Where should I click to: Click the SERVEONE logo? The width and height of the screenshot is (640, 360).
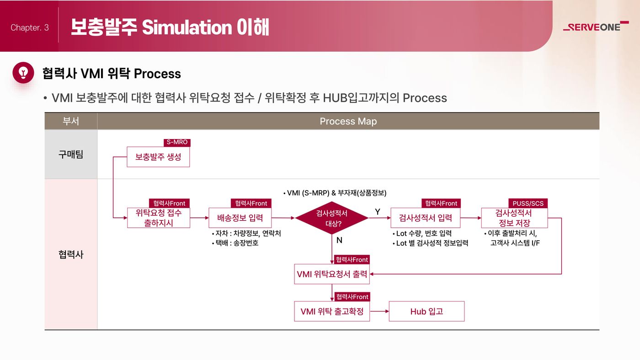[596, 27]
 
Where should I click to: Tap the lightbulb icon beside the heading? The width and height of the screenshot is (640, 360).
[23, 73]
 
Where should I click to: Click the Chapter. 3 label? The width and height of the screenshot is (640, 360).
[29, 27]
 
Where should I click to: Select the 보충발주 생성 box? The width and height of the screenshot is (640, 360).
[158, 157]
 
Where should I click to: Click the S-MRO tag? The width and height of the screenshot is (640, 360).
[177, 142]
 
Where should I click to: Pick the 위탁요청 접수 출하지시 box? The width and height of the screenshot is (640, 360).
[159, 218]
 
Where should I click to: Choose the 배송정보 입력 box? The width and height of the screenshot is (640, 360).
[240, 218]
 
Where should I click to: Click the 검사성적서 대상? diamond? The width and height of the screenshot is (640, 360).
[332, 218]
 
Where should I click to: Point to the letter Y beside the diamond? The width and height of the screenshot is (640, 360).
[378, 212]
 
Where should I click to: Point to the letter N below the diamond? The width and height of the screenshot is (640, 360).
[339, 240]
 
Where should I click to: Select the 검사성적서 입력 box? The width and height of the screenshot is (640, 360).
[426, 218]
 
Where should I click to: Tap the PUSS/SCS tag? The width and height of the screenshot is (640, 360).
[528, 203]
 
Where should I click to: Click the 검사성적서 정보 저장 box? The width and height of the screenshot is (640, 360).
[514, 218]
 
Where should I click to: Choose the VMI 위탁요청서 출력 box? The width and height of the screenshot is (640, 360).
[332, 274]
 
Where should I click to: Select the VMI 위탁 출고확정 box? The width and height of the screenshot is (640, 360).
[332, 311]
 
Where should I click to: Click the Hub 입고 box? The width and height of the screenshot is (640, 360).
[427, 311]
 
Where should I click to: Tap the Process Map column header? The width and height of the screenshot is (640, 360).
[348, 121]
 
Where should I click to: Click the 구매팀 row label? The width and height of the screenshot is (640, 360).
[71, 155]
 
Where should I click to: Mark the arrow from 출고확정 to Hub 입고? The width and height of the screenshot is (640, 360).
[379, 311]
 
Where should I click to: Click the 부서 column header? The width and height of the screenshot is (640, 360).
[71, 121]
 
